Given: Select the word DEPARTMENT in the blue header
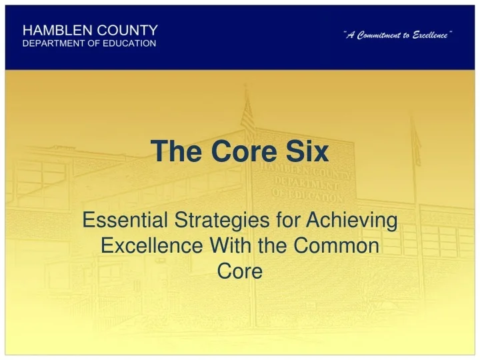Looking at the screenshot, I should point(55,43).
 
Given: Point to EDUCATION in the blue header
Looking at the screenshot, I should point(128,43).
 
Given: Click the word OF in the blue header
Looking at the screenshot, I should point(93,43).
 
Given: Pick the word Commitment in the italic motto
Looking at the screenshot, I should point(376,34).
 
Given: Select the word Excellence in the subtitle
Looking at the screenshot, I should point(153,246).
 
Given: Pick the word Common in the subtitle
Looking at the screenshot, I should point(335,246).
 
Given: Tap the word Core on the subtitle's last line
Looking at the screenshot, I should point(240,271).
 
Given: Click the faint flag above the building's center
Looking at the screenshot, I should point(247,117).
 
